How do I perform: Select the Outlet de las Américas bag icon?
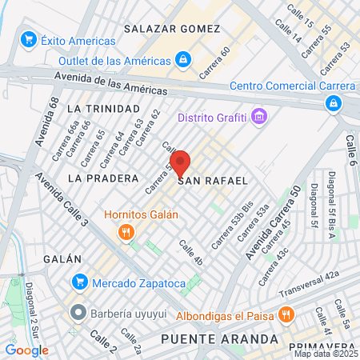(184, 60)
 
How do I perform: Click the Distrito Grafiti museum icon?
(258, 118)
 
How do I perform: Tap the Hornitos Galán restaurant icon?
(126, 233)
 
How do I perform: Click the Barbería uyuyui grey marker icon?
(78, 311)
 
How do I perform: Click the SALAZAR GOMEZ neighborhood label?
(172, 29)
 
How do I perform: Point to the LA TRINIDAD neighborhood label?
(103, 108)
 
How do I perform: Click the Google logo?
(26, 349)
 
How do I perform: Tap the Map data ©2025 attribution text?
(325, 353)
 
